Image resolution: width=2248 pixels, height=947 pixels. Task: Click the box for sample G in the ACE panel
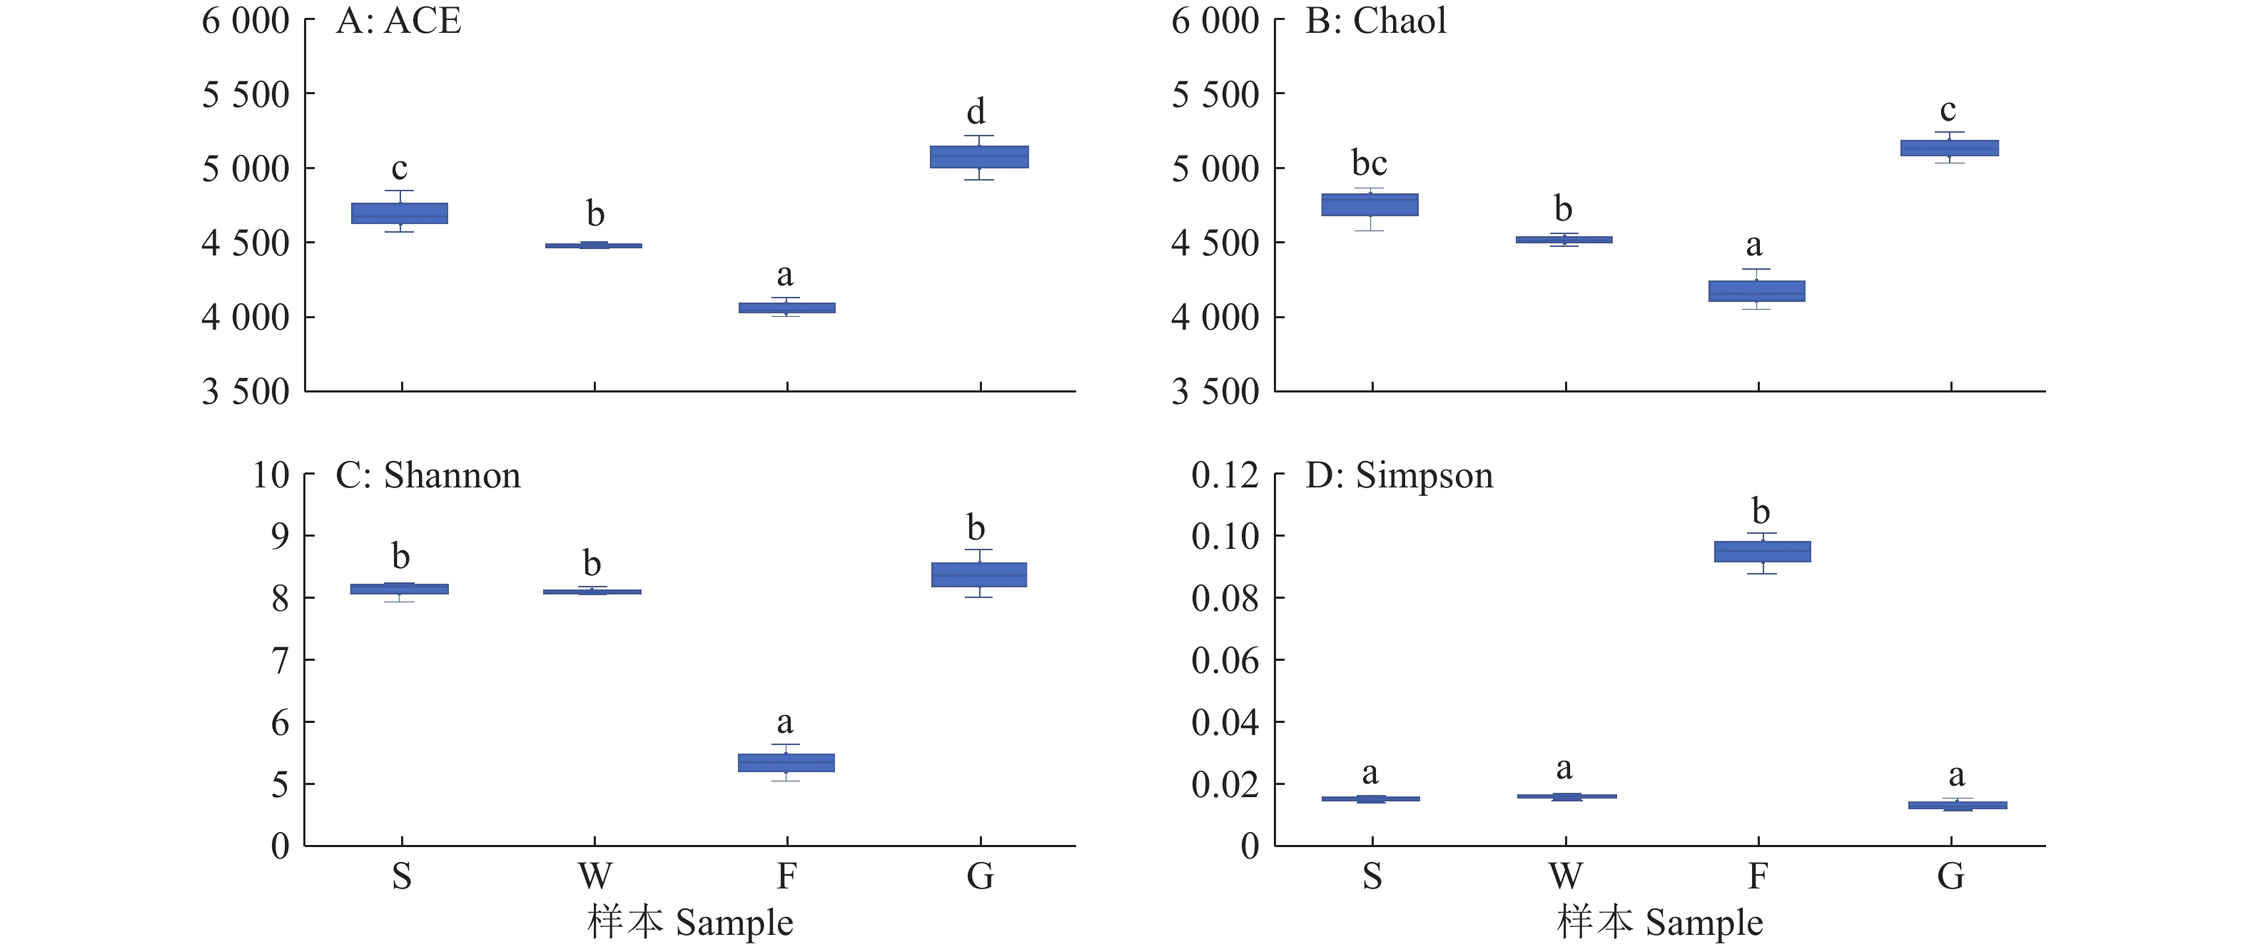coord(978,156)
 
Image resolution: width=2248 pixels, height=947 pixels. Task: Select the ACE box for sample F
coord(786,308)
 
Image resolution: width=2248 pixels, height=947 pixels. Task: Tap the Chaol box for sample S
coord(1369,204)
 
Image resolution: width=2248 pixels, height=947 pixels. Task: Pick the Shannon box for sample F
coord(786,762)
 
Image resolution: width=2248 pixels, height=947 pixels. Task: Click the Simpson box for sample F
coord(1762,551)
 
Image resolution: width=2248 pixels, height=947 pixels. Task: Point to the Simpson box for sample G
coord(1957,805)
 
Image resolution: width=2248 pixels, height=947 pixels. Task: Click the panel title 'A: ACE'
coord(398,21)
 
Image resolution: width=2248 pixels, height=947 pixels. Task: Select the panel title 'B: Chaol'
coord(1375,21)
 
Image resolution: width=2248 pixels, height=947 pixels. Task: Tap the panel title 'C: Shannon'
coord(427,476)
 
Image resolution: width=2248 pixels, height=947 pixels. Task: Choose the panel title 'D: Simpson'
coord(1399,476)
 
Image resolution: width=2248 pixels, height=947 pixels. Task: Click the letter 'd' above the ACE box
coord(976,112)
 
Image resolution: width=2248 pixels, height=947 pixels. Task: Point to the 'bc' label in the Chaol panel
coord(1368,163)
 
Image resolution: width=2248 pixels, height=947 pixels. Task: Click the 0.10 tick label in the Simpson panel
coord(1225,536)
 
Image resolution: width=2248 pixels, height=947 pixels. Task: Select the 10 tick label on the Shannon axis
coord(270,476)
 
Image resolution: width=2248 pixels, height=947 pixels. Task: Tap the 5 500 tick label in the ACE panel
coord(245,94)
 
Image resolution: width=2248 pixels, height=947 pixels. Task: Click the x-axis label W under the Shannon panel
coord(594,876)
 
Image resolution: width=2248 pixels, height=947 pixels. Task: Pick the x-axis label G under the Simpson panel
coord(1950,876)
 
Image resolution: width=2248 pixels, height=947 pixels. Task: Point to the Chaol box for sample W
coord(1564,239)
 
